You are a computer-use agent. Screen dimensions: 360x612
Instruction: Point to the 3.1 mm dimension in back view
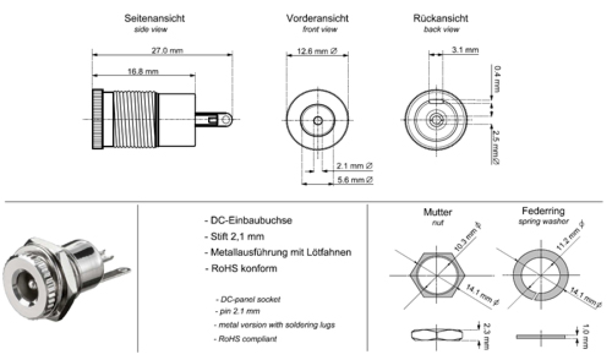click(465, 50)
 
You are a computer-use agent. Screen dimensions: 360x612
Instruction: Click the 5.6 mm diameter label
click(354, 180)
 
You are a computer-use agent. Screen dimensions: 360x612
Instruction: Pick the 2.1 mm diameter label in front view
click(354, 165)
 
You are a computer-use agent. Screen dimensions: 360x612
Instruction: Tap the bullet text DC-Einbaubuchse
click(250, 220)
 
